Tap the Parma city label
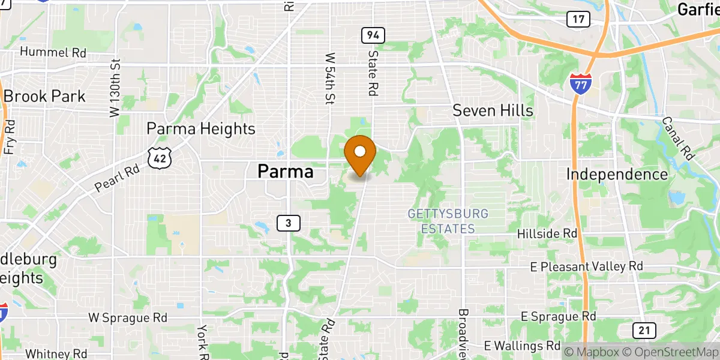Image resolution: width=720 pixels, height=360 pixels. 286,172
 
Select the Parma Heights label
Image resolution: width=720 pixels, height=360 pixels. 201,128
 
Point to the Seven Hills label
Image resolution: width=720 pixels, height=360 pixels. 493,110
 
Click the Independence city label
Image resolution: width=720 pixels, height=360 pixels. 617,175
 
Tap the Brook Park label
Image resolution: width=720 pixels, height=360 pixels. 44,96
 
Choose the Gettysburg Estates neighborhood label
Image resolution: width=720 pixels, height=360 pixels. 448,221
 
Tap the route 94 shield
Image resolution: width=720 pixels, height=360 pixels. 373,35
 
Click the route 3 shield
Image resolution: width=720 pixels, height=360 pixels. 289,223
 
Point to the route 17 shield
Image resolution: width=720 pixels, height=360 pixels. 578,19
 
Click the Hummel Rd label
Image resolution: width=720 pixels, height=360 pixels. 53,52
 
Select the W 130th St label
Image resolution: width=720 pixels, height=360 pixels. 115,88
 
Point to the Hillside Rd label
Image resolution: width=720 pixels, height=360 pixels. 547,233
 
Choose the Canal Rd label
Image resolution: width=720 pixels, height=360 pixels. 678,138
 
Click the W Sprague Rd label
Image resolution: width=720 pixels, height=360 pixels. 126,316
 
